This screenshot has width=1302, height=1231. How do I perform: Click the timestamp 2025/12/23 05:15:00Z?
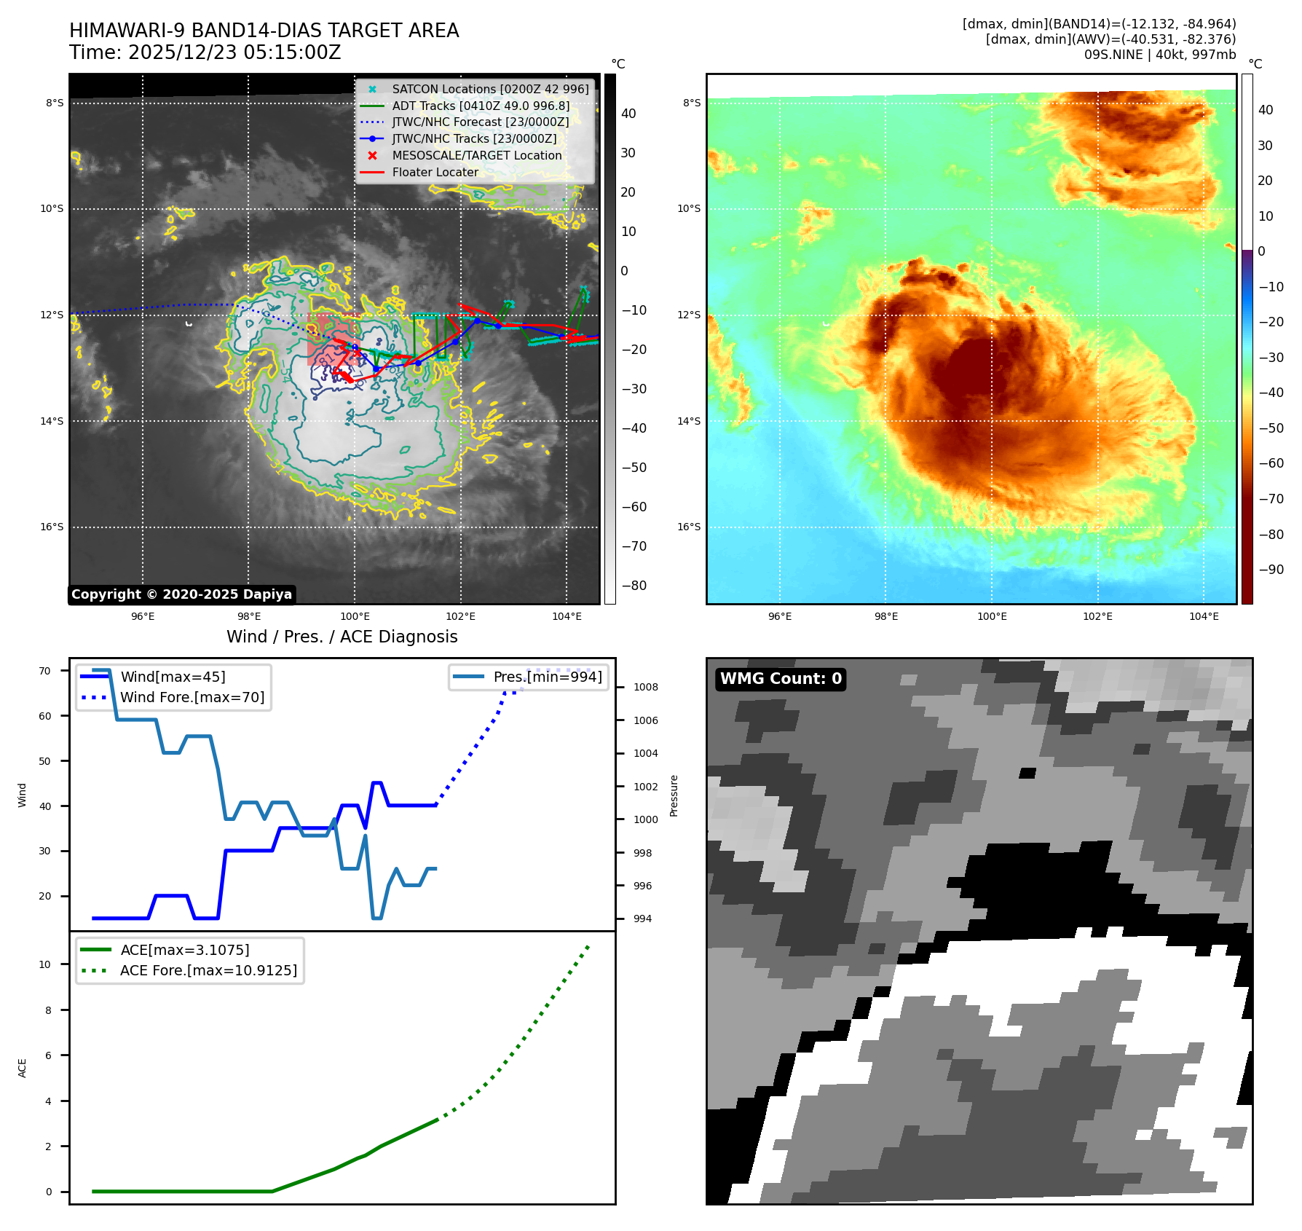[x=234, y=53]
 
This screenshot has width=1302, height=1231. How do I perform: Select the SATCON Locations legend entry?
[x=489, y=89]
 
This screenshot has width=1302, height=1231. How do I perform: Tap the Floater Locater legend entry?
[x=435, y=172]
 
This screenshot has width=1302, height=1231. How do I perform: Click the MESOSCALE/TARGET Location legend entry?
[x=476, y=155]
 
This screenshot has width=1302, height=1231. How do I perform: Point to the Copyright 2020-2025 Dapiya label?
[x=181, y=594]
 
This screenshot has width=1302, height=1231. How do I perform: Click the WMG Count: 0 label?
[x=781, y=679]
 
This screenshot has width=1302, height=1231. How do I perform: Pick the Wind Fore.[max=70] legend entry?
[x=192, y=697]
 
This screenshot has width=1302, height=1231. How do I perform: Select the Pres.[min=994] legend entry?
[x=548, y=677]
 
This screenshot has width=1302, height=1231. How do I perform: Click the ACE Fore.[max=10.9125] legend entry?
[x=208, y=970]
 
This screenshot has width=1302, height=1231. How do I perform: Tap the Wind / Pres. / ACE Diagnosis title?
[x=342, y=637]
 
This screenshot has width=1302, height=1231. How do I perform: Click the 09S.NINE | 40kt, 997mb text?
[x=1159, y=55]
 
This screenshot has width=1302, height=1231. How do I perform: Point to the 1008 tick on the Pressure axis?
[x=645, y=687]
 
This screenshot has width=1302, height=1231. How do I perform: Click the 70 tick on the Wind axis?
[x=45, y=671]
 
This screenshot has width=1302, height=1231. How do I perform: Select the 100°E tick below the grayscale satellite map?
[x=355, y=616]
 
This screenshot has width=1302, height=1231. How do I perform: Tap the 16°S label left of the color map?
[x=689, y=527]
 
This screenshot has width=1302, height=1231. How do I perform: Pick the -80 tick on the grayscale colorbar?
[x=634, y=586]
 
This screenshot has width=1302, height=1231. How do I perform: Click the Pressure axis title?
[x=674, y=795]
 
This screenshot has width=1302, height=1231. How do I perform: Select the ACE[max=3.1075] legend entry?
[x=185, y=950]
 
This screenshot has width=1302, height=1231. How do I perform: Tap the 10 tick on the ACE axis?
[x=45, y=964]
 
